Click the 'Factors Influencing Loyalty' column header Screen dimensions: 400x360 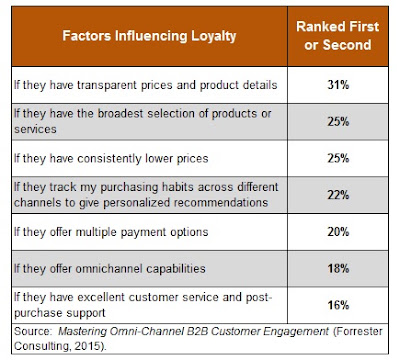149,36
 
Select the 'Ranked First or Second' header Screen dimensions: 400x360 338,36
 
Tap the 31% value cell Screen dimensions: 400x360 338,85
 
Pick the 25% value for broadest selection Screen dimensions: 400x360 338,122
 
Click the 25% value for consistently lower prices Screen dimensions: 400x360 338,158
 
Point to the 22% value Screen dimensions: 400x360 338,195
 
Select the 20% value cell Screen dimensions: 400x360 338,232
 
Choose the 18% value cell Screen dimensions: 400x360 338,268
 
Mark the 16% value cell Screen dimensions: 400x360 338,305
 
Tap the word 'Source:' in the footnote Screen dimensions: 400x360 33,331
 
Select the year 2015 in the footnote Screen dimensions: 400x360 87,346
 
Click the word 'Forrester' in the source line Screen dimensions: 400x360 358,331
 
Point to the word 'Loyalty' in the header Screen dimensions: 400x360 214,36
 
